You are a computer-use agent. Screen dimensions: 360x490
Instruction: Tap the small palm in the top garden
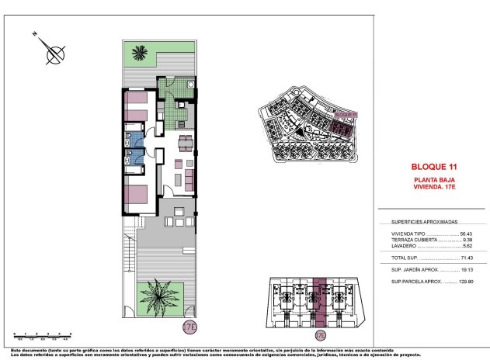[x=140, y=54]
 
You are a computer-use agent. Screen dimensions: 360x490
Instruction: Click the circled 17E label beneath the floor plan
[x=189, y=327]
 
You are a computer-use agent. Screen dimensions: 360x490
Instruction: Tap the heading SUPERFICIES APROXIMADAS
[x=425, y=220]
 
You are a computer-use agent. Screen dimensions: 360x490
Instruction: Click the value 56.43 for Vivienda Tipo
[x=466, y=234]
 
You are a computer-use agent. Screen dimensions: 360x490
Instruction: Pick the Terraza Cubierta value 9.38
[x=467, y=240]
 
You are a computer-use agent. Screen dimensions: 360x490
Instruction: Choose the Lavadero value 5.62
[x=467, y=246]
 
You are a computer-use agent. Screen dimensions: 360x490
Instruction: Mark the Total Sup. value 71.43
[x=466, y=258]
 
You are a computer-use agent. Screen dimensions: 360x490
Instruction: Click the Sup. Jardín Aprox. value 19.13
[x=466, y=269]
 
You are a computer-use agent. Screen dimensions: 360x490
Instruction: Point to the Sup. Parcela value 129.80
[x=464, y=281]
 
